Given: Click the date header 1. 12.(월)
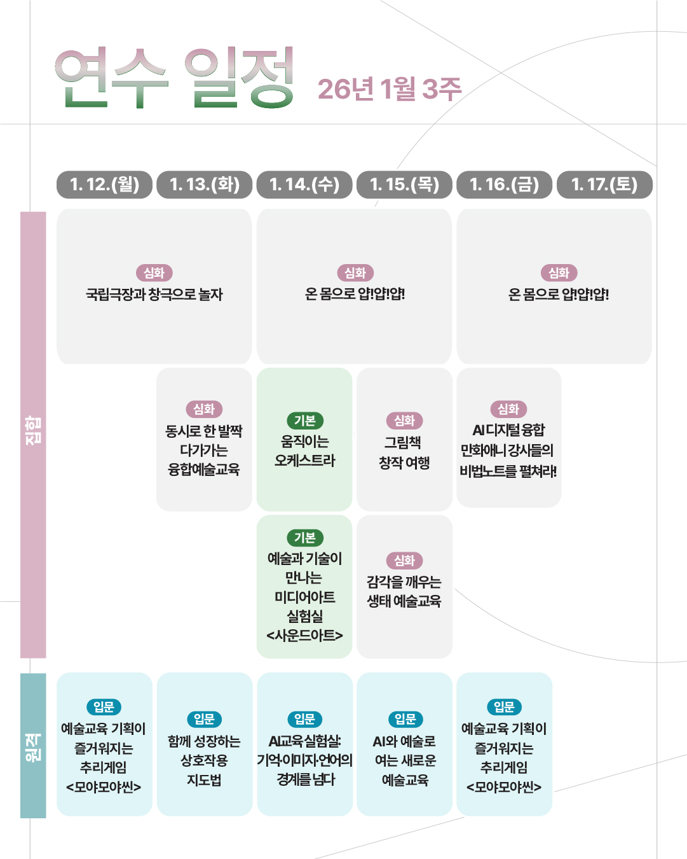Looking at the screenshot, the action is (x=104, y=185).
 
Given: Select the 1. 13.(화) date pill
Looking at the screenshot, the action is (x=204, y=185).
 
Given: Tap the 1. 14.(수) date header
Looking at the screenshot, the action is (x=304, y=185).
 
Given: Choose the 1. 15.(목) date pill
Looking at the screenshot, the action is (x=404, y=185).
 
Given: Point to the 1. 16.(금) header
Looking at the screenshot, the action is (x=504, y=185).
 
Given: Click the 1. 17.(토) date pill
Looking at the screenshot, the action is (x=604, y=185).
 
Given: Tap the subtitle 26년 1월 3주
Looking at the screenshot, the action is (x=389, y=89).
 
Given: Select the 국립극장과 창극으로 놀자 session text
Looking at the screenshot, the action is (x=154, y=295).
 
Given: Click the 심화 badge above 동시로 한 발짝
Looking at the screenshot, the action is (x=204, y=409).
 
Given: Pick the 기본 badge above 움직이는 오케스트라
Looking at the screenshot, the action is (x=305, y=421).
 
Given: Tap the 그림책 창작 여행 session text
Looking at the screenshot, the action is (x=404, y=452).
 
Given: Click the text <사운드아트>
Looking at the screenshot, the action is (x=304, y=635).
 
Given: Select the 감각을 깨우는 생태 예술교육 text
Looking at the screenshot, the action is (x=404, y=591).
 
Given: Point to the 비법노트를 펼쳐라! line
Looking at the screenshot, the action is (x=508, y=471).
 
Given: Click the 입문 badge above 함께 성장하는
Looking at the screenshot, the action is (x=204, y=719).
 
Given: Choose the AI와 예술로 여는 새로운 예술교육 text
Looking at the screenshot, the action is (x=404, y=760).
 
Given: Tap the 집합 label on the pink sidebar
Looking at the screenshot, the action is (x=33, y=430).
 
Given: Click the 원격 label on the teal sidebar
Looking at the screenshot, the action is (x=33, y=746).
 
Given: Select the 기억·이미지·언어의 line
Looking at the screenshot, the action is (x=304, y=760).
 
